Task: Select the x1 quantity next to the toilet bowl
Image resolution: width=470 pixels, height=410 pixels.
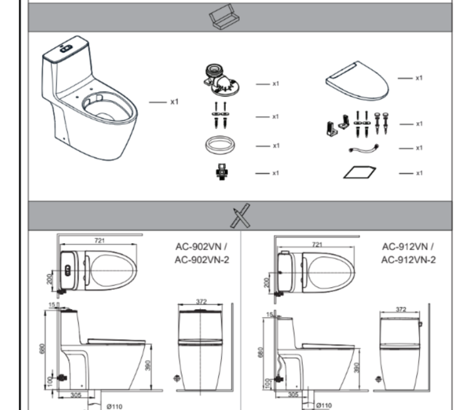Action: [x=175, y=101]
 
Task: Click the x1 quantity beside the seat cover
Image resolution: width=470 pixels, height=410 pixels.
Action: [x=419, y=78]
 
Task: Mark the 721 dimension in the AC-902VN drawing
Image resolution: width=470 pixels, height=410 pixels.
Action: [x=100, y=240]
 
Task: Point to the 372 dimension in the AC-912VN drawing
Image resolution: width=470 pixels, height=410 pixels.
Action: [x=400, y=309]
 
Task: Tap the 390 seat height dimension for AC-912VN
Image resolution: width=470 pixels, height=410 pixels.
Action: [x=357, y=368]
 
